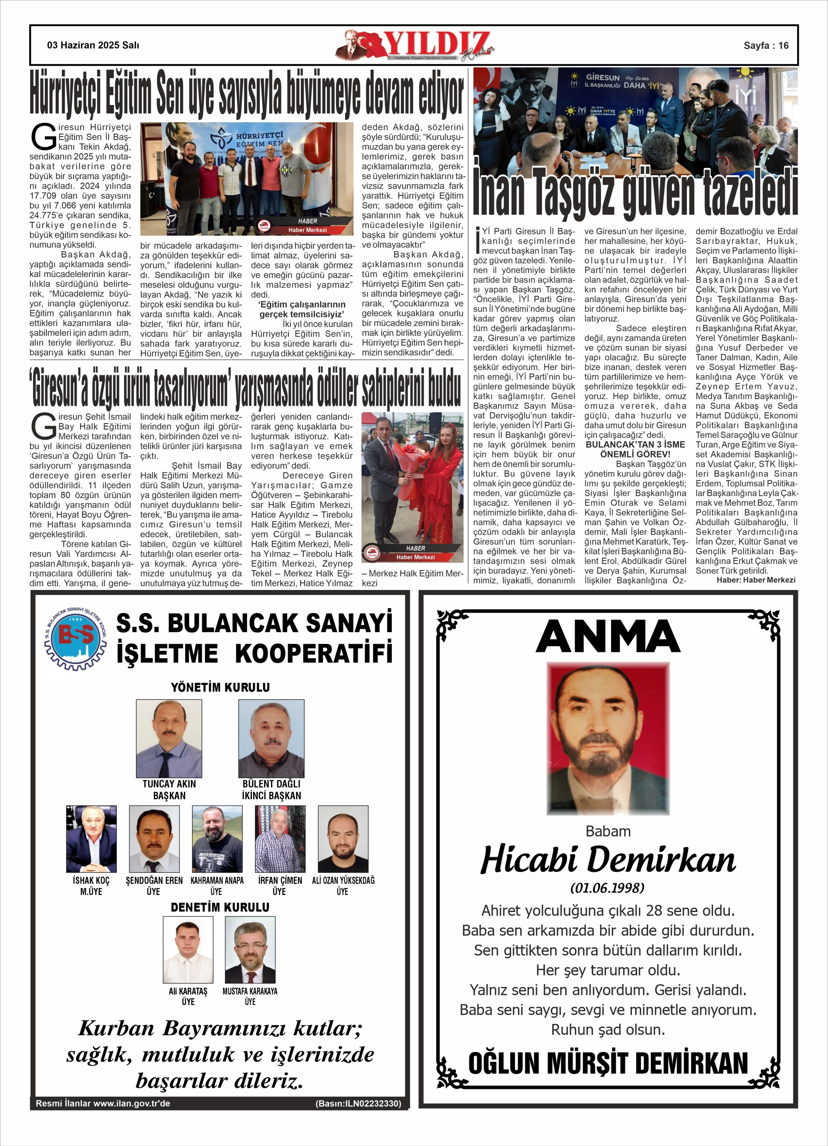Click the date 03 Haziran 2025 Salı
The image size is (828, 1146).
pyautogui.click(x=93, y=45)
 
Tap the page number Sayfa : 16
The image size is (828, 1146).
pyautogui.click(x=765, y=45)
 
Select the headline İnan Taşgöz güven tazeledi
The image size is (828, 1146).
pyautogui.click(x=635, y=193)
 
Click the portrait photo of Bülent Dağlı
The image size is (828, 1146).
pyautogui.click(x=271, y=738)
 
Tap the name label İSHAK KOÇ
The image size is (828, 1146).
pyautogui.click(x=91, y=880)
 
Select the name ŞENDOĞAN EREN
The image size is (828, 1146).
pyautogui.click(x=154, y=880)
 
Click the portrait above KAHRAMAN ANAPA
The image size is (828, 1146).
pyautogui.click(x=217, y=839)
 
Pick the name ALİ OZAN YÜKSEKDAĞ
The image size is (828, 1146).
pyautogui.click(x=343, y=880)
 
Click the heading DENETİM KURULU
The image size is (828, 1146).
pyautogui.click(x=220, y=907)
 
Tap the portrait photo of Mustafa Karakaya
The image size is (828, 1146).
pyautogui.click(x=250, y=950)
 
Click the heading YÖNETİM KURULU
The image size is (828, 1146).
pyautogui.click(x=220, y=687)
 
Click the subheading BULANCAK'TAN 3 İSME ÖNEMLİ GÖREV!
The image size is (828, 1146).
pyautogui.click(x=635, y=449)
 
